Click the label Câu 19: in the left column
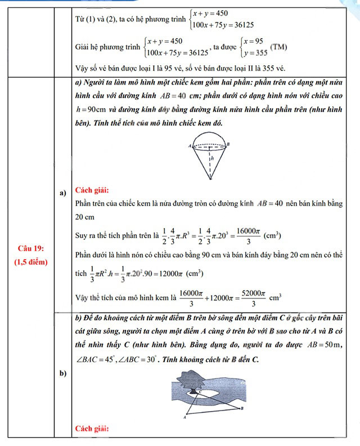point(31,248)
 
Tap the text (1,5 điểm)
point(31,262)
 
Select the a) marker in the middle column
point(63,194)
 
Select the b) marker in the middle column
point(63,373)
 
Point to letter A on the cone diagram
point(190,145)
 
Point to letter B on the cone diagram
point(228,144)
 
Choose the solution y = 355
point(253,53)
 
